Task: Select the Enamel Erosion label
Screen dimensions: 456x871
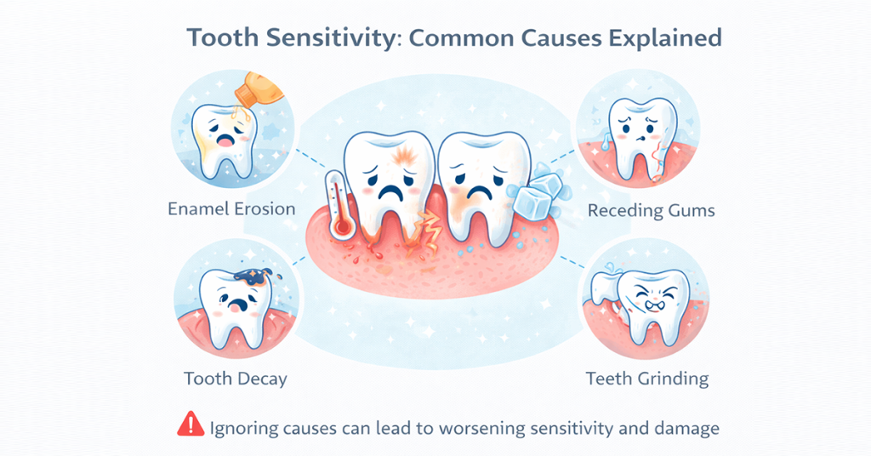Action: pyautogui.click(x=231, y=208)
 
